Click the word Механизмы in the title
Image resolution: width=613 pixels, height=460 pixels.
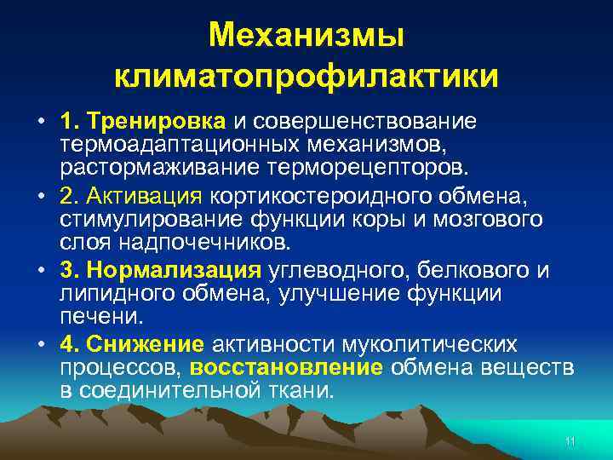[x=306, y=36]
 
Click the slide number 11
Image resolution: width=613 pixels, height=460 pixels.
[x=570, y=440]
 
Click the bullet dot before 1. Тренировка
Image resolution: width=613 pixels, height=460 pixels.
[x=41, y=121]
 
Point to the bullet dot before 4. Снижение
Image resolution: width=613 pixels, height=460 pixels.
[x=41, y=346]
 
